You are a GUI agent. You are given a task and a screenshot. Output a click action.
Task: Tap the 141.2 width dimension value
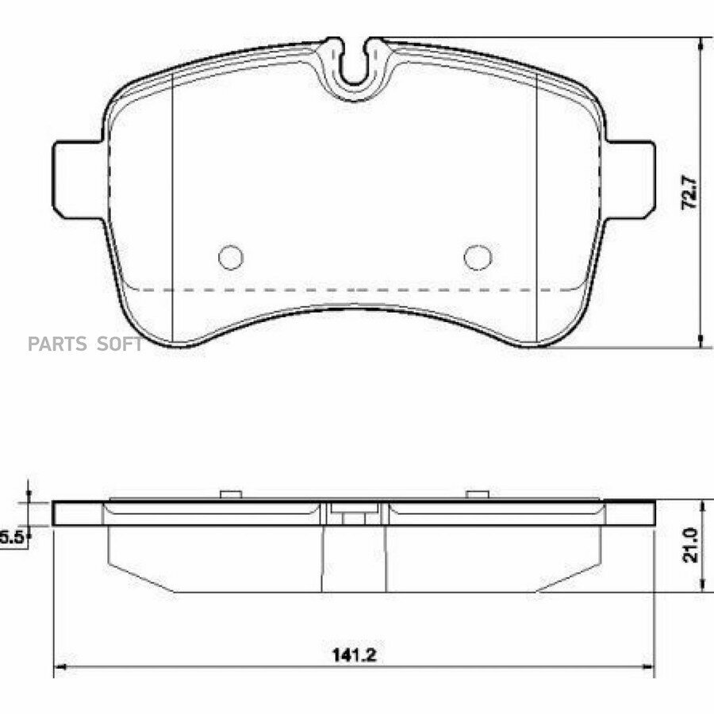[355, 655]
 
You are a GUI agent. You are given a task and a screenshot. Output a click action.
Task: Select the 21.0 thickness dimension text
[690, 546]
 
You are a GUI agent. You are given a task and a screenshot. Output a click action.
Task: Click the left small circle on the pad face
[231, 257]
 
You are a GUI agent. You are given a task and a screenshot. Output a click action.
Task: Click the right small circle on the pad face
[478, 257]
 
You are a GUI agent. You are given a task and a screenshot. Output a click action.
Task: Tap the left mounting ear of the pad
[79, 179]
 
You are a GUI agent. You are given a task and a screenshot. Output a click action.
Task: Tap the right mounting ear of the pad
[630, 179]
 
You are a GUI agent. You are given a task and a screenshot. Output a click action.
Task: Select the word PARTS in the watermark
[57, 344]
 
